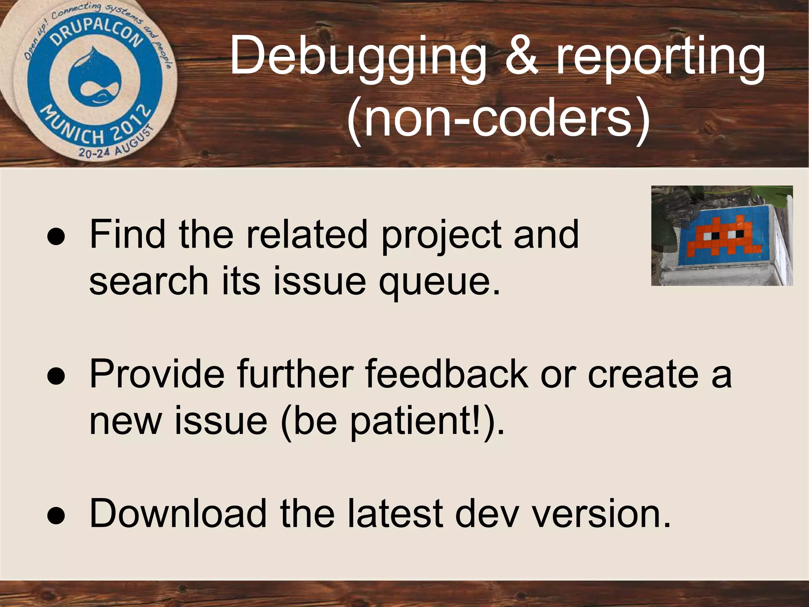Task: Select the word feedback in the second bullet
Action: click(446, 374)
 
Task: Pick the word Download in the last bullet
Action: click(178, 513)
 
